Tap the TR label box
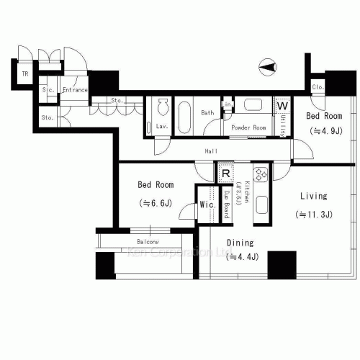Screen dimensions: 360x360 [x=24, y=74]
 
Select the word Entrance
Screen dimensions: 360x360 [x=75, y=90]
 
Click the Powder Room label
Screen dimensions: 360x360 [x=248, y=127]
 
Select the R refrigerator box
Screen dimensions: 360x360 [x=225, y=173]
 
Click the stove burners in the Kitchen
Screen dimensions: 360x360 [x=260, y=174]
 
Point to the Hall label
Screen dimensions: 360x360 [x=211, y=151]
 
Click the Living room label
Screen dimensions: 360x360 [x=312, y=196]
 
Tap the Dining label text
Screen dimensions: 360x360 [x=240, y=243]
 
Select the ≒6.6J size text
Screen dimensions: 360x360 [x=155, y=203]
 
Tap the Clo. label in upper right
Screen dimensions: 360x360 [x=318, y=88]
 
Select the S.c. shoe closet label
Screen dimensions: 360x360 [x=48, y=90]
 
